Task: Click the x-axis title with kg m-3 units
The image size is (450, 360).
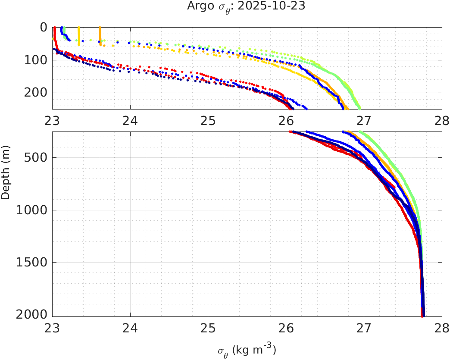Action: point(247,350)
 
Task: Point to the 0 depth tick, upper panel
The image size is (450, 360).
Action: point(44,27)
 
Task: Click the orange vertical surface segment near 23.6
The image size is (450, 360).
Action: point(100,34)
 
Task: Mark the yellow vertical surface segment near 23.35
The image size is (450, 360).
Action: point(78,34)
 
